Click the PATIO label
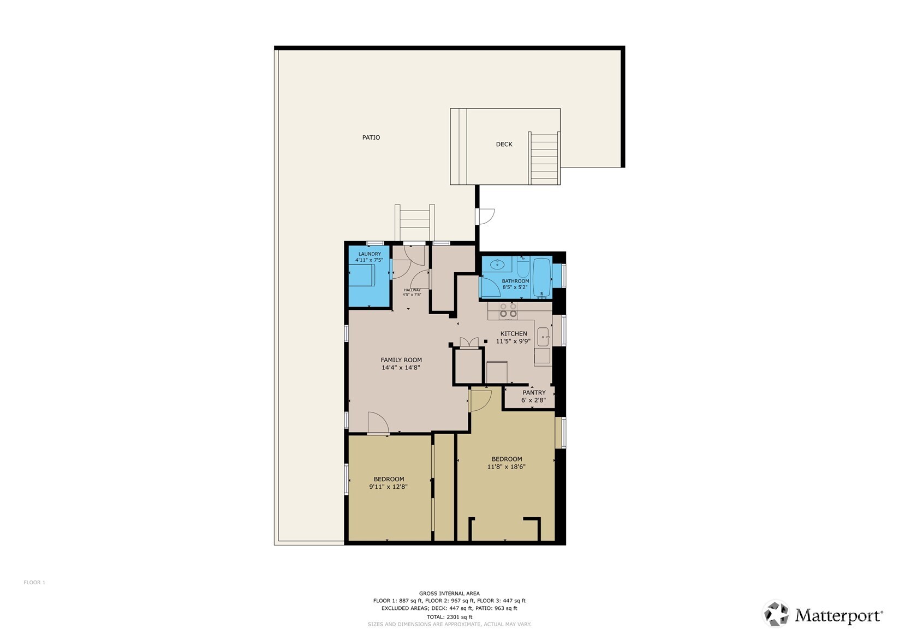click(371, 137)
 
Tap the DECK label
click(504, 145)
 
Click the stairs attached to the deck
click(544, 158)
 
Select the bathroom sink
click(497, 265)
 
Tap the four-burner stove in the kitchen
click(509, 310)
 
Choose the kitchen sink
click(543, 337)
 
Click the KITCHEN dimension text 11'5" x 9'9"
click(513, 342)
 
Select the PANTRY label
click(534, 393)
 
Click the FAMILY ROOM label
click(401, 360)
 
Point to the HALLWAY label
click(412, 290)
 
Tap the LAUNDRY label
click(370, 254)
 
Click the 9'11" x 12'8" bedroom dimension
click(389, 487)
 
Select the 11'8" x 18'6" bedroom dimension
click(507, 467)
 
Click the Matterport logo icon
click(776, 614)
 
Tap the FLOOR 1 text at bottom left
click(34, 583)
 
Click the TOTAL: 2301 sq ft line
click(449, 617)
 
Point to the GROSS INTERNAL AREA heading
click(449, 594)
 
